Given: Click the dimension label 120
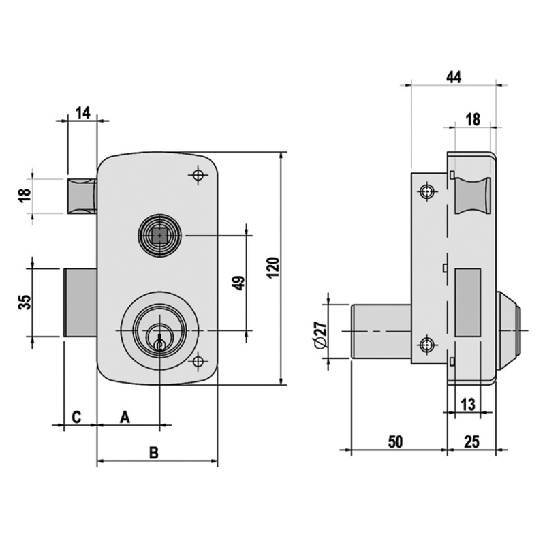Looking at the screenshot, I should pyautogui.click(x=272, y=267).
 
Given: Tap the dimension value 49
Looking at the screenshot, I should pyautogui.click(x=238, y=283).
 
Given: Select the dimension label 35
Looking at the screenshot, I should pyautogui.click(x=24, y=302).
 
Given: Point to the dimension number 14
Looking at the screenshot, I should pyautogui.click(x=83, y=113).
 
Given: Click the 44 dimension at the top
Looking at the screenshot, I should pyautogui.click(x=454, y=78).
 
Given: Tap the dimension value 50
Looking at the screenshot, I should pyautogui.click(x=394, y=441).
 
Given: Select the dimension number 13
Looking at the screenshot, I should pyautogui.click(x=467, y=404).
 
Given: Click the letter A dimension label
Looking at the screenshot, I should pyautogui.click(x=125, y=417).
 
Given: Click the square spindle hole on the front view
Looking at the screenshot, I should pyautogui.click(x=160, y=236).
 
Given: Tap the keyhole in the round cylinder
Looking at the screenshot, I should pyautogui.click(x=159, y=343).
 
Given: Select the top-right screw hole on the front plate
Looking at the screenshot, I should pyautogui.click(x=198, y=175).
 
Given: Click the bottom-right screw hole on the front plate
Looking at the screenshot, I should pyautogui.click(x=198, y=361).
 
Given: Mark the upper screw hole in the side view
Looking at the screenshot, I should pyautogui.click(x=427, y=191).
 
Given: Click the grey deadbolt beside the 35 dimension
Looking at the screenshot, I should pyautogui.click(x=80, y=302).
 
